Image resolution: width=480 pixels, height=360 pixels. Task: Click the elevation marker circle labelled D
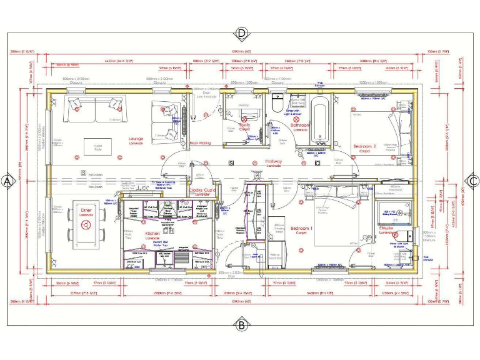point(241,32)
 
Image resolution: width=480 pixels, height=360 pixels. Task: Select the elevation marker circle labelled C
point(472,181)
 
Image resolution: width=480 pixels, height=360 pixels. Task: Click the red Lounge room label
point(136,139)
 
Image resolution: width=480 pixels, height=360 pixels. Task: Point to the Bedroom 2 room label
point(364,147)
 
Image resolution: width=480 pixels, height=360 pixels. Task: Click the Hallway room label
point(274,162)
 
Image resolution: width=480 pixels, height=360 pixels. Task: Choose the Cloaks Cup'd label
point(202,190)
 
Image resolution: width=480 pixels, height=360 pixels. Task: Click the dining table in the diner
point(86,229)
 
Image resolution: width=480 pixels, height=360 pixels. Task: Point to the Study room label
point(244,126)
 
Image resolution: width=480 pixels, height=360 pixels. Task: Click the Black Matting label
point(200,143)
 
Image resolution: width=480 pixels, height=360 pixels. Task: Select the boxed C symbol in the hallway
point(231,163)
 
